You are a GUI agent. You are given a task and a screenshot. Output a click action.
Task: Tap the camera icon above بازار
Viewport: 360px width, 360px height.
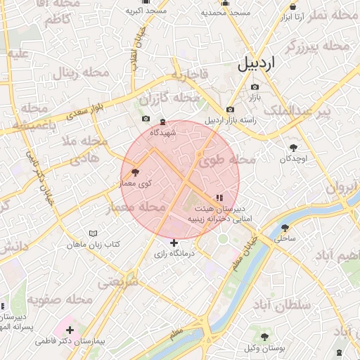(x=255, y=87)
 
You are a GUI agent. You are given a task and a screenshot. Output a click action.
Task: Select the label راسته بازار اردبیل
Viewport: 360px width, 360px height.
(x=231, y=120)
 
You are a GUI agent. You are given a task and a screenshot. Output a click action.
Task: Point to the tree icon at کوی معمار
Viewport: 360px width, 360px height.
(x=135, y=172)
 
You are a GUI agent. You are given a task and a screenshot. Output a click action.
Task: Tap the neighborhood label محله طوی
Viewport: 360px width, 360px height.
(x=220, y=160)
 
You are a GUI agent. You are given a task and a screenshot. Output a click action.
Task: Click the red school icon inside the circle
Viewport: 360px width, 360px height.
(x=219, y=198)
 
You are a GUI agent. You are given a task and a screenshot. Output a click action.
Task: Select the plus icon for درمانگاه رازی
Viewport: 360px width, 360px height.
(x=174, y=243)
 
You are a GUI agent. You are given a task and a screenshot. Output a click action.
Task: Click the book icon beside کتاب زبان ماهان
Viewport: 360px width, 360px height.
(x=94, y=233)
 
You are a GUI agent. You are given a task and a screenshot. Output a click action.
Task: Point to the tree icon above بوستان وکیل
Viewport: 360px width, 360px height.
(x=264, y=337)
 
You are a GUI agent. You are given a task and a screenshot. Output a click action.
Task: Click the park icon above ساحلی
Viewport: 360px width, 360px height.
(x=285, y=228)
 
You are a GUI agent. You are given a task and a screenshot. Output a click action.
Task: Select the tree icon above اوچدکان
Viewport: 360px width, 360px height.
(x=293, y=148)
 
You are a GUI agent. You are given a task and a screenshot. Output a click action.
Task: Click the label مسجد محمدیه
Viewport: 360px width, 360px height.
(x=226, y=13)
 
